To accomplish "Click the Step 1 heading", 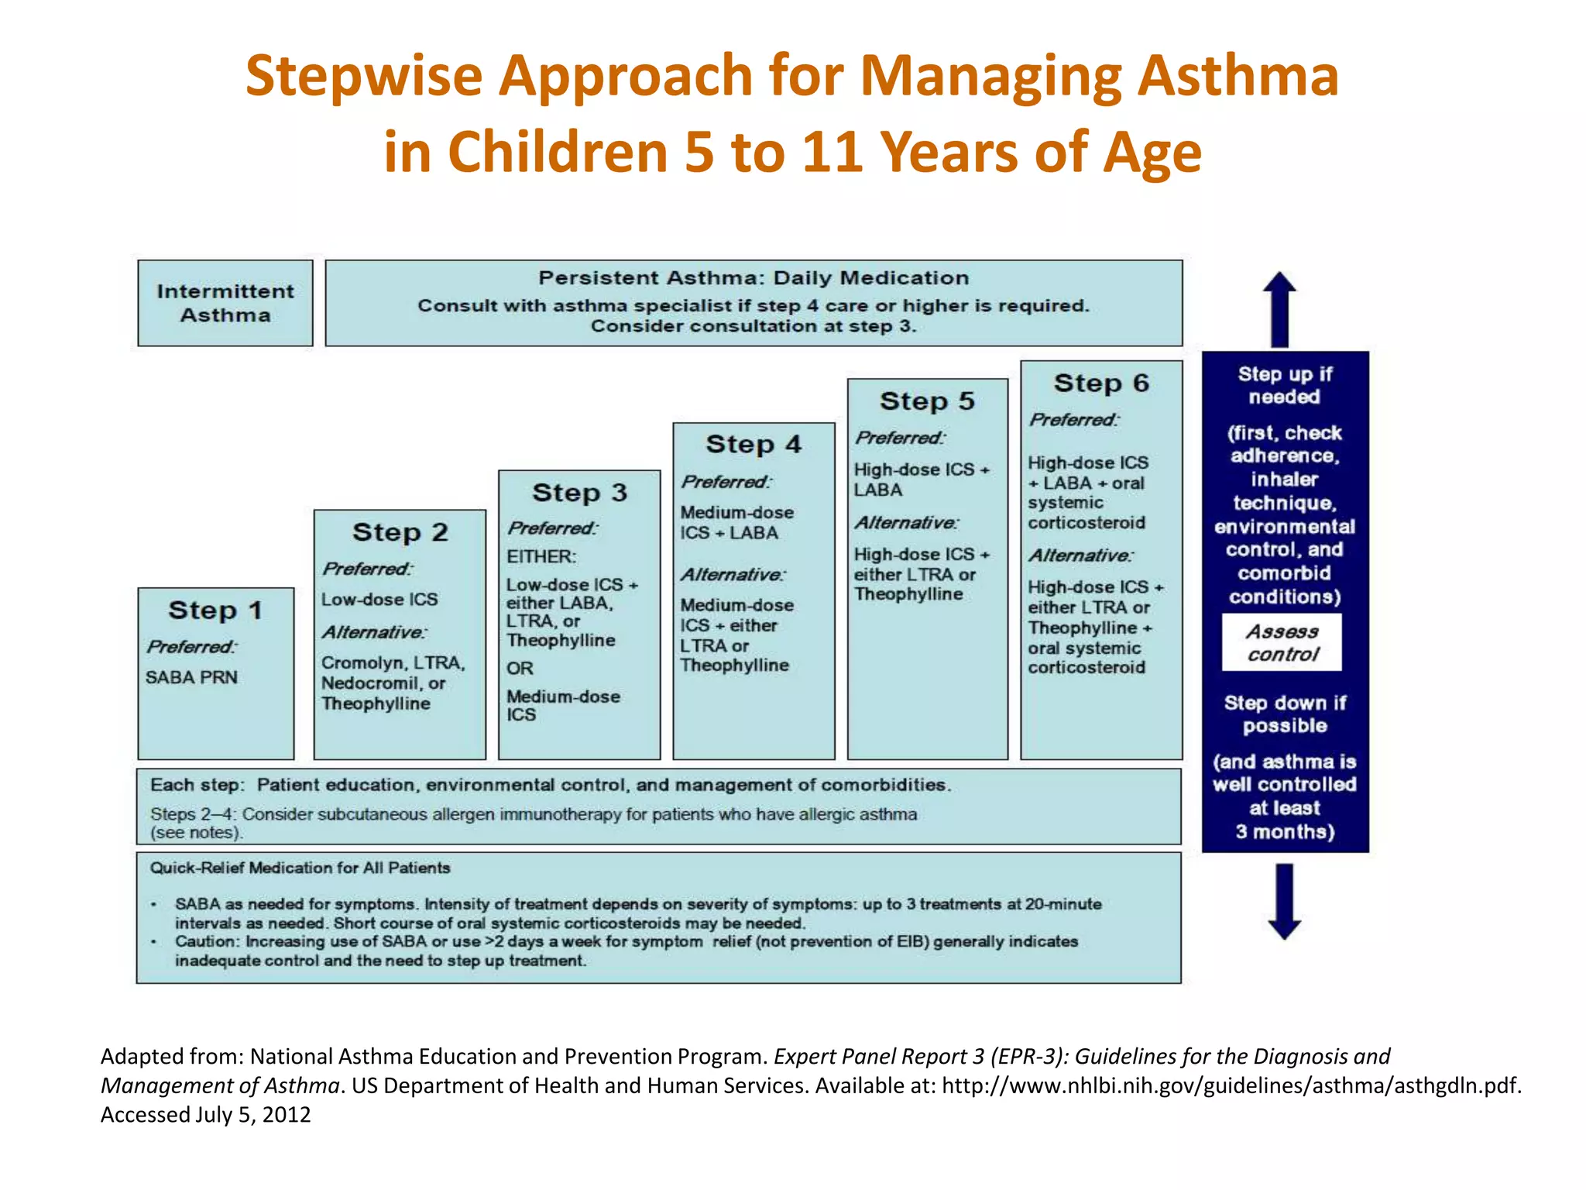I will point(215,610).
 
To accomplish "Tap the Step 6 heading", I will point(1101,383).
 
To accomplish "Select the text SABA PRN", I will point(191,677).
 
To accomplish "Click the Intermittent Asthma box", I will point(225,303).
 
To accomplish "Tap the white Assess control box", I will point(1282,643).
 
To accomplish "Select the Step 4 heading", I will point(754,445).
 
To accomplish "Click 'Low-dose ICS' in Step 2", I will point(379,600).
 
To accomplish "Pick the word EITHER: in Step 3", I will point(541,556).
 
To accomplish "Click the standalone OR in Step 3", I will point(520,668).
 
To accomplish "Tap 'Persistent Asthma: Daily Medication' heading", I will point(754,278).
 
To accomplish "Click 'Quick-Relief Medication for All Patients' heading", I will point(300,868).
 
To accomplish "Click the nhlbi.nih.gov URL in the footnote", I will point(1231,1085).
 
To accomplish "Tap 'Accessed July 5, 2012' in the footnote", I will point(205,1115).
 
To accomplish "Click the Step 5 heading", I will point(927,401).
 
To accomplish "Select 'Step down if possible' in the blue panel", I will point(1285,714).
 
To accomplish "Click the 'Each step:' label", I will point(197,785).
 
